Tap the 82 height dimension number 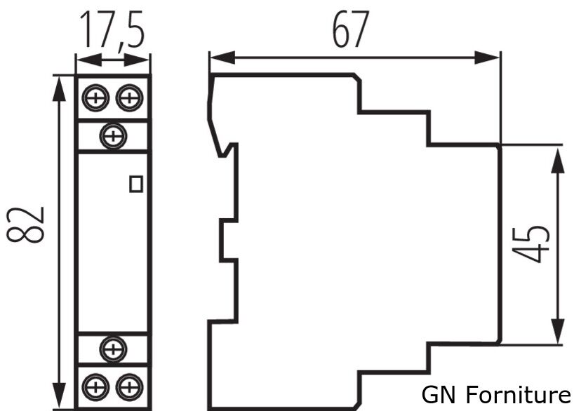pos(28,224)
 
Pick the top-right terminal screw pos(129,97)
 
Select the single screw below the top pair pos(112,135)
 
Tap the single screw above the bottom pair pos(112,348)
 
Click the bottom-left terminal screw pos(94,386)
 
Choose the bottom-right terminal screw pos(129,386)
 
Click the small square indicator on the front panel pos(136,184)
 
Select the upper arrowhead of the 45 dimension pos(558,159)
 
